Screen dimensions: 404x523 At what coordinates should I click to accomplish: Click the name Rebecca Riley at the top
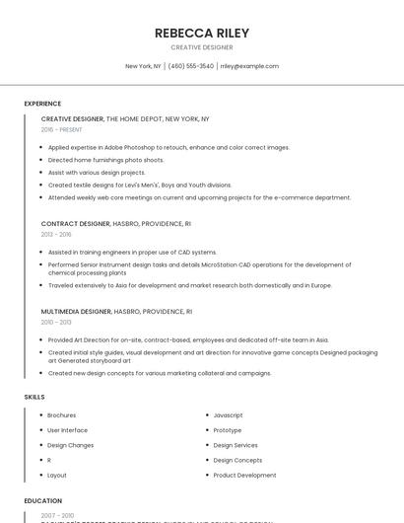click(202, 33)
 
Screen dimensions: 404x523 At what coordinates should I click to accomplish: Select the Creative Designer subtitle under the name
click(202, 47)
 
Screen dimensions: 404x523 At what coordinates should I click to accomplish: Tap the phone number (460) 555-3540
click(191, 66)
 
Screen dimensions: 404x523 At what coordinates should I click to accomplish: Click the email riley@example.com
click(249, 66)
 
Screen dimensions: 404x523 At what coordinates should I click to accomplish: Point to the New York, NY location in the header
click(143, 66)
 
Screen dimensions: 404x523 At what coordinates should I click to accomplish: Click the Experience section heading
click(42, 104)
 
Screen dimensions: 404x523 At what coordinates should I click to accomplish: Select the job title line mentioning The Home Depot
click(125, 118)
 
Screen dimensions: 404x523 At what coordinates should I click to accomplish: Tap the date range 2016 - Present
click(61, 129)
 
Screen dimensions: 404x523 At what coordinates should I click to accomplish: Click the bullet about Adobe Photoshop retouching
click(168, 147)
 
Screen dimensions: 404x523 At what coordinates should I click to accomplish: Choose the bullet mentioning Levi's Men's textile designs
click(140, 185)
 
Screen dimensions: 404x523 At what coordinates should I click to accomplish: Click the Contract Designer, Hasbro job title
click(116, 223)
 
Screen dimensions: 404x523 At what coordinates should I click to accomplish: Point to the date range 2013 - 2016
click(56, 234)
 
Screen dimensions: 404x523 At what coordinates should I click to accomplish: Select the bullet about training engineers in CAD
click(132, 252)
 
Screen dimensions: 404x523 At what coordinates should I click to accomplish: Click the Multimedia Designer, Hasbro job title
click(116, 311)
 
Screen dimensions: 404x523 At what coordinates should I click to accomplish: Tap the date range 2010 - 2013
click(56, 322)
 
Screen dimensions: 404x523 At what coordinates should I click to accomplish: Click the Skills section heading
click(34, 397)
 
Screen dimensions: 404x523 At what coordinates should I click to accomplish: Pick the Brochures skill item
click(61, 415)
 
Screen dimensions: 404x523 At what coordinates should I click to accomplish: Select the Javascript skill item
click(228, 415)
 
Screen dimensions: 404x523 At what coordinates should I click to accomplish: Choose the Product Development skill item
click(244, 475)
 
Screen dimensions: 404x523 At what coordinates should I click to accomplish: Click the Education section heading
click(42, 500)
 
